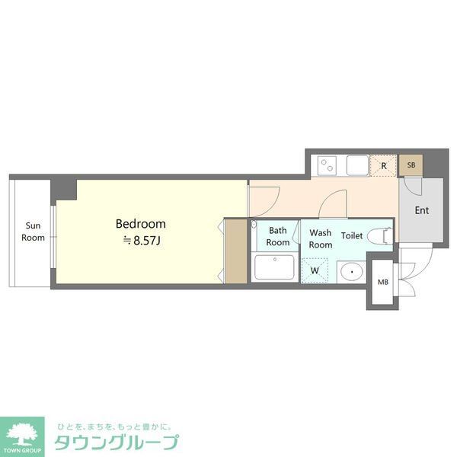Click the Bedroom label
[x=140, y=224]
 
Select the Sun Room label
[x=33, y=232]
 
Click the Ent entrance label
[x=420, y=210]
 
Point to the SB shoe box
[x=411, y=165]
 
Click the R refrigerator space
[x=384, y=165]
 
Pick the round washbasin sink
[x=351, y=270]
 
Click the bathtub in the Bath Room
[x=273, y=267]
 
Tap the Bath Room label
[x=277, y=236]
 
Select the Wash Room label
[x=320, y=238]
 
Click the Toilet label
[x=352, y=235]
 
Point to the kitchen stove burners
[x=328, y=165]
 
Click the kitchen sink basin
[x=356, y=165]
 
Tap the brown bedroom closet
[x=235, y=251]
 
